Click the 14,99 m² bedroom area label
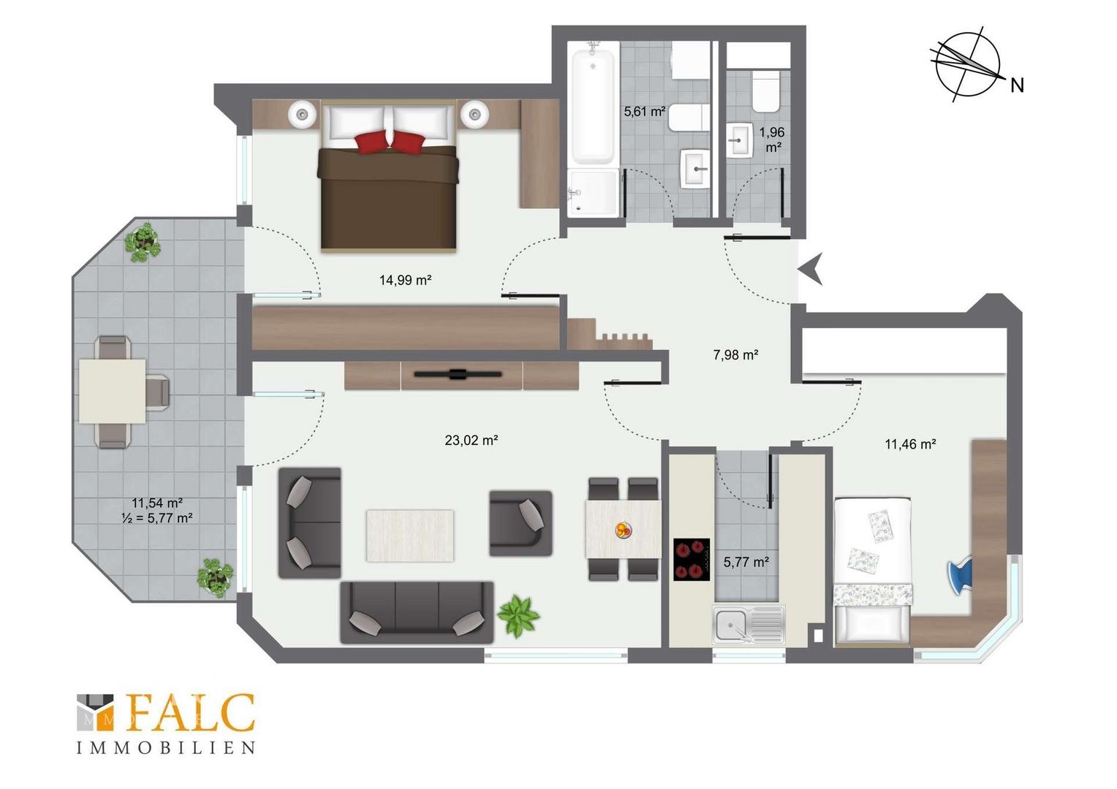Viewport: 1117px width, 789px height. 405,280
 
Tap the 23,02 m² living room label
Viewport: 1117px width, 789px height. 472,440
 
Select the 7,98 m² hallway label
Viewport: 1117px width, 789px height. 735,355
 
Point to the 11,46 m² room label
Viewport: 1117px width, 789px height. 910,443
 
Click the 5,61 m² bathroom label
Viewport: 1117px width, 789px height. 644,112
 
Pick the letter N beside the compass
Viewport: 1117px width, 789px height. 1017,85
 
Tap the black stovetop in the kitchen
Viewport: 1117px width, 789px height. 692,560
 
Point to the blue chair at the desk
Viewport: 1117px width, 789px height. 960,576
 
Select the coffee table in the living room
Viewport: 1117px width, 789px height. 410,535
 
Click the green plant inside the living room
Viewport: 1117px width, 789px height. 518,617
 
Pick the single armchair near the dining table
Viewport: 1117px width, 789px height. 520,523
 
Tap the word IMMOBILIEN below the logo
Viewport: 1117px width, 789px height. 166,747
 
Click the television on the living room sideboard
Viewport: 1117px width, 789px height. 458,374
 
